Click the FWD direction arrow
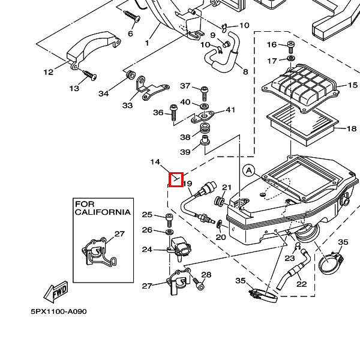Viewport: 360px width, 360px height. coord(55,292)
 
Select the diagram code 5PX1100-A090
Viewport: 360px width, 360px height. coord(59,312)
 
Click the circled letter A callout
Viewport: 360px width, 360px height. coord(249,171)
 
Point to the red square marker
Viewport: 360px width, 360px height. coord(176,179)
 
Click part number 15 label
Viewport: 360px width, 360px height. coord(352,85)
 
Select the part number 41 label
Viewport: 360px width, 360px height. coord(230,110)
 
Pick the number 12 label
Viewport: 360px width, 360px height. coord(49,72)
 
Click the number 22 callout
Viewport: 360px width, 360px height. coord(301,284)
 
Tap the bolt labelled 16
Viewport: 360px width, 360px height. coord(291,45)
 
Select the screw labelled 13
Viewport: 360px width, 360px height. coord(89,75)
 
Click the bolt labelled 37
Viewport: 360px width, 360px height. coord(204,92)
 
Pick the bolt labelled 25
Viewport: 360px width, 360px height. coord(169,216)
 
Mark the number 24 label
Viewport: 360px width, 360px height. coord(147,249)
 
